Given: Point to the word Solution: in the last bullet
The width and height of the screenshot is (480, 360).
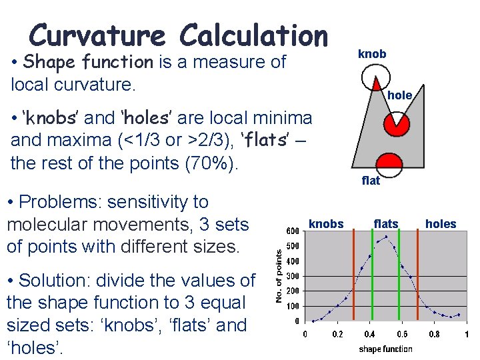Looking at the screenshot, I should [x=63, y=281].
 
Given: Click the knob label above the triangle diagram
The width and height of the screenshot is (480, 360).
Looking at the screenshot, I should [x=372, y=53].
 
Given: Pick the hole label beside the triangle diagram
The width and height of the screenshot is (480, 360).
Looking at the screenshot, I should [x=400, y=95].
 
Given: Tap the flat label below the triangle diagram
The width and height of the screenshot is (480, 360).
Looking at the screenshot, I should [x=371, y=181].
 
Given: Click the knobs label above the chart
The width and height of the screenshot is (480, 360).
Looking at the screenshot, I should [x=326, y=224].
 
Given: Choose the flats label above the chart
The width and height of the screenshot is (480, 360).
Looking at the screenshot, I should [x=385, y=224].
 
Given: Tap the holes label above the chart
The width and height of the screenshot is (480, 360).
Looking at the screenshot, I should [x=441, y=224].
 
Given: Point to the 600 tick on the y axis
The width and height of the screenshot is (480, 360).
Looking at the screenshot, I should [x=293, y=231].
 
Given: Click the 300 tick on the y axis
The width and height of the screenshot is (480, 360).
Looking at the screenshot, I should [x=293, y=276].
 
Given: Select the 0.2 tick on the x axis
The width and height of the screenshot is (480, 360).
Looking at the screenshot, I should [x=338, y=334].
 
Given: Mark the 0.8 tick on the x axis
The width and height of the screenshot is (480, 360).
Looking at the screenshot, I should [x=434, y=334].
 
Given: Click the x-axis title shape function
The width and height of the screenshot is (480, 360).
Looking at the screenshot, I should [x=385, y=349].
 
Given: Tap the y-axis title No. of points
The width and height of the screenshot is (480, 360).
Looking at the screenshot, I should [x=279, y=275].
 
